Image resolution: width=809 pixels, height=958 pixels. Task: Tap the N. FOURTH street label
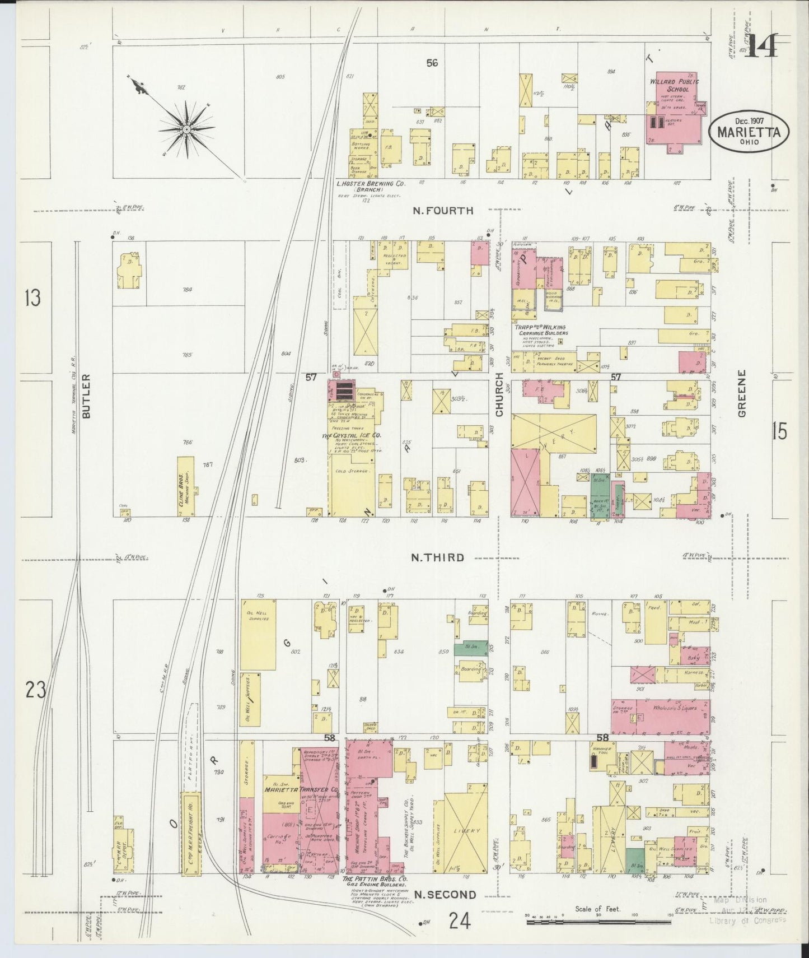[x=443, y=211]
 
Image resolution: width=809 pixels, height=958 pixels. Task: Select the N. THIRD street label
[x=437, y=557]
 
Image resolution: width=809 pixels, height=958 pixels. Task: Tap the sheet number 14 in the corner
[x=761, y=46]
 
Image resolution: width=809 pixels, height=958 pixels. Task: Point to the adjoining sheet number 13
[x=32, y=299]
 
